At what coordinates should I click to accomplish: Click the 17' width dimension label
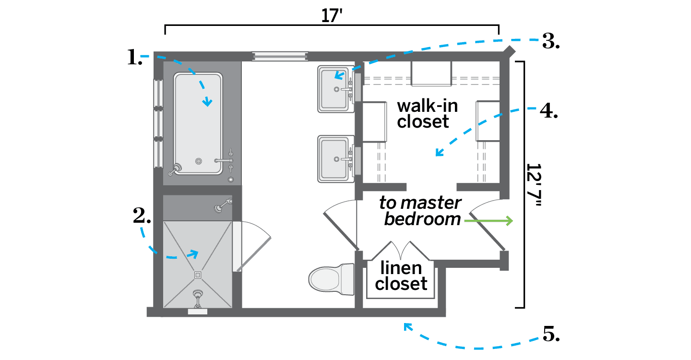click(x=332, y=15)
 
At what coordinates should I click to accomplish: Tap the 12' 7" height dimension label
click(x=534, y=184)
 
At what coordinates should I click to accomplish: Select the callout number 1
click(x=135, y=57)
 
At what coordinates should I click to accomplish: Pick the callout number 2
click(x=142, y=216)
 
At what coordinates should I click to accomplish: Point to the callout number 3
click(x=551, y=41)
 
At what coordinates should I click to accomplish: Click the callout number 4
click(x=549, y=111)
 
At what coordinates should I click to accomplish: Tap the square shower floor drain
click(x=198, y=275)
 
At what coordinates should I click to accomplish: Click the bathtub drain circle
click(x=199, y=161)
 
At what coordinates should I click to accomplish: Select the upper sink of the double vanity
click(x=336, y=89)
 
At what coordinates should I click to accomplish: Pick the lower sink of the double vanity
click(x=336, y=159)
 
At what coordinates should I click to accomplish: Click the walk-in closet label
click(x=427, y=114)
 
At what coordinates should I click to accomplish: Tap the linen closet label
click(x=401, y=276)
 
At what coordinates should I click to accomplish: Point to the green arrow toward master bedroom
click(x=488, y=221)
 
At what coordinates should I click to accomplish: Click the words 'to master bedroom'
click(x=420, y=211)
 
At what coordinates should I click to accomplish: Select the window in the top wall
click(x=280, y=56)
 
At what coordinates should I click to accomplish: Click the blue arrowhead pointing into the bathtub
click(x=208, y=102)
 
